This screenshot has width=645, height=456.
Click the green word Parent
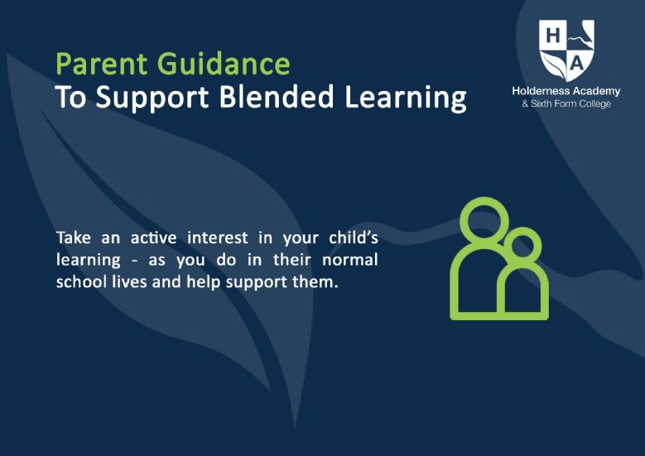[x=102, y=64]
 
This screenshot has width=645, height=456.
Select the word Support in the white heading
[x=152, y=98]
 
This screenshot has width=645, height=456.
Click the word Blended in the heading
[x=277, y=97]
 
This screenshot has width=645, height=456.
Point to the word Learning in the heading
[x=406, y=98]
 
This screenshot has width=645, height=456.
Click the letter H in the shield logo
[x=553, y=36]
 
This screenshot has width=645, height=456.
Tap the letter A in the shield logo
[x=577, y=64]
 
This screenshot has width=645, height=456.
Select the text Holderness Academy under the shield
[x=566, y=91]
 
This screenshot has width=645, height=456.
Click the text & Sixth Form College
[x=566, y=103]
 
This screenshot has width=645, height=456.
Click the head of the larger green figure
[x=460, y=218]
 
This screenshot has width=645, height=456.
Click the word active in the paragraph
[x=153, y=238]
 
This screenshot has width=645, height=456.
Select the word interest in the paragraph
[x=218, y=238]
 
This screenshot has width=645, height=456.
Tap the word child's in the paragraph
[x=354, y=238]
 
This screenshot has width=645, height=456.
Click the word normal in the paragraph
[x=350, y=260]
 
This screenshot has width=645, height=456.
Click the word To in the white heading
[x=70, y=97]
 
